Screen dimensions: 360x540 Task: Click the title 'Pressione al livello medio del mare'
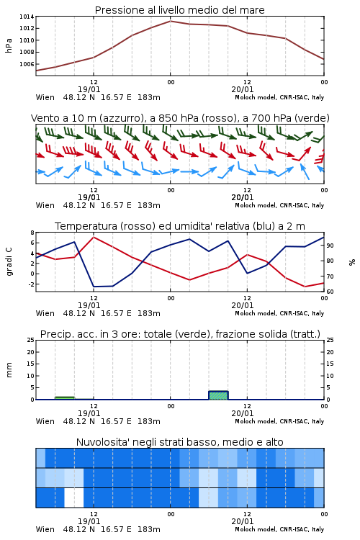[x=179, y=10]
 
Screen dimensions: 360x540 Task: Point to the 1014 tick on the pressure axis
[x=26, y=17]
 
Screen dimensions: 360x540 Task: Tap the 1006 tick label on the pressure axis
[x=26, y=64]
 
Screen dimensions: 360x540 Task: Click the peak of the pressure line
[x=170, y=21]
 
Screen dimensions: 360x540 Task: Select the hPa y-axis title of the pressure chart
[x=9, y=45]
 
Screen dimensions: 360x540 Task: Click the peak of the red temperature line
[x=94, y=237]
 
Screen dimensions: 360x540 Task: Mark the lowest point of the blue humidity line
[x=94, y=287]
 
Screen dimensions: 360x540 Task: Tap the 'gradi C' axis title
[x=9, y=262]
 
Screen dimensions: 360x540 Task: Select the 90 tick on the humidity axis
[x=330, y=246]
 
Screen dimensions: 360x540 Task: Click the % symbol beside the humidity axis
[x=352, y=262]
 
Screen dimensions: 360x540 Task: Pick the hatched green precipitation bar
[x=218, y=395]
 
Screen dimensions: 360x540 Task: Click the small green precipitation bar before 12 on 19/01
[x=65, y=398]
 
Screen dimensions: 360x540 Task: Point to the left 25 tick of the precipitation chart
[x=30, y=340]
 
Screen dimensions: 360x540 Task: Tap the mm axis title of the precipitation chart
[x=9, y=370]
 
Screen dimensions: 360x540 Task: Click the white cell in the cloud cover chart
[x=74, y=498]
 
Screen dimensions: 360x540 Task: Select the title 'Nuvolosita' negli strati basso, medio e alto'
[x=179, y=442]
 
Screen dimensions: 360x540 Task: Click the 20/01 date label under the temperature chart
[x=243, y=305]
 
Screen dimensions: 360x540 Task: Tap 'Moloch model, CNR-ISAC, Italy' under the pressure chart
[x=279, y=97]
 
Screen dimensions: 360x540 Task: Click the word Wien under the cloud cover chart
[x=45, y=529]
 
